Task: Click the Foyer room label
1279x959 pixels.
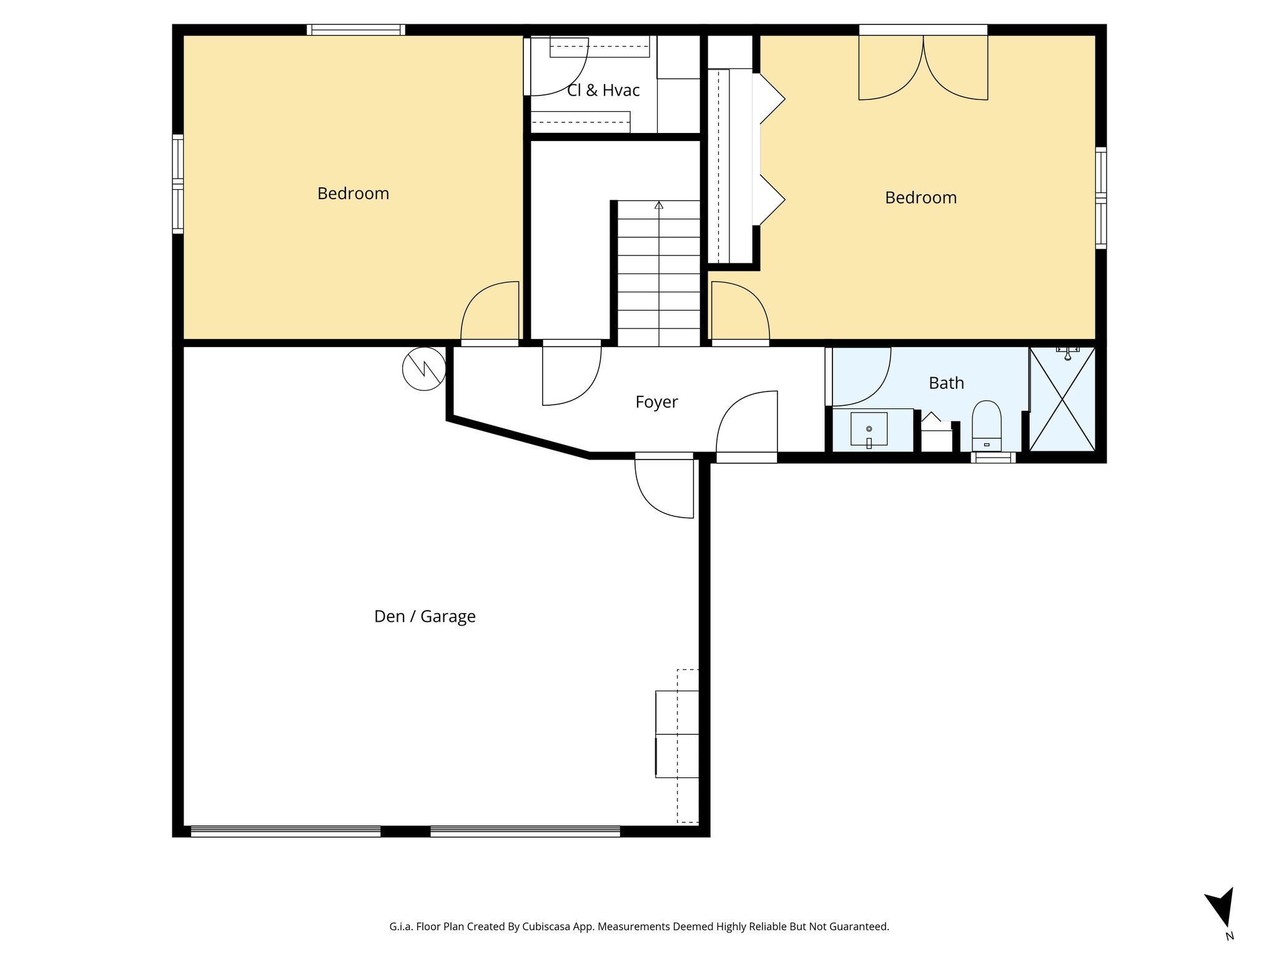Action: [656, 402]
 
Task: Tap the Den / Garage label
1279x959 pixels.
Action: [425, 616]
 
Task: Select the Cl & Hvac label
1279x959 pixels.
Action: [603, 91]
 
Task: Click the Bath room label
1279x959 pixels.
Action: [946, 383]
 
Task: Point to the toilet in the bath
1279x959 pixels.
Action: [987, 425]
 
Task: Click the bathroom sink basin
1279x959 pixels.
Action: [869, 429]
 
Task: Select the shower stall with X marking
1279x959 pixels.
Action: [1062, 400]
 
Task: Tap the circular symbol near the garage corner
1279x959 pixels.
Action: [424, 369]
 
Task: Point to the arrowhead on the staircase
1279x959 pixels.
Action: [659, 205]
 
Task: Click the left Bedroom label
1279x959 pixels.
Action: [353, 194]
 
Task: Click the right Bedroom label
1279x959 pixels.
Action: [921, 198]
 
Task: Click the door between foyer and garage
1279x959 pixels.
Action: [664, 487]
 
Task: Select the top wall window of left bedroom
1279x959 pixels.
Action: [356, 29]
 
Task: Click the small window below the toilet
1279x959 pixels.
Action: [993, 458]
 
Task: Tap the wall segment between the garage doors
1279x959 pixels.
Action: [405, 831]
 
